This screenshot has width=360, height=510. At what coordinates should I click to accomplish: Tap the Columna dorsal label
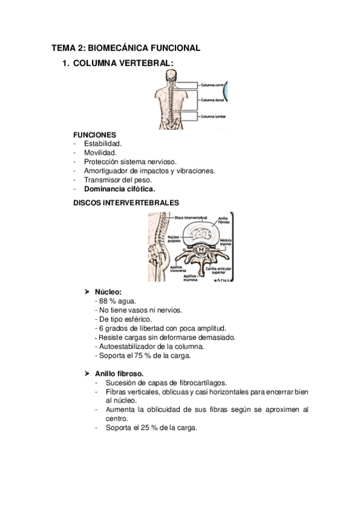212,100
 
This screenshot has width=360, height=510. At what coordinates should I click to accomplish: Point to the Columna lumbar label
212,116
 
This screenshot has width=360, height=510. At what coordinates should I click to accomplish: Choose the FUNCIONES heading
94,135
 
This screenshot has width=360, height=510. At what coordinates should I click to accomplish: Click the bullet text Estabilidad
103,144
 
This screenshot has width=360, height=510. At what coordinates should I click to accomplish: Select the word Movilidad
100,153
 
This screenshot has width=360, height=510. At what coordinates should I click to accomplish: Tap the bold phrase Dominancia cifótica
120,188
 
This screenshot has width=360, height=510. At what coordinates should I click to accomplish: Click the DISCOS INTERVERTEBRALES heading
126,203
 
